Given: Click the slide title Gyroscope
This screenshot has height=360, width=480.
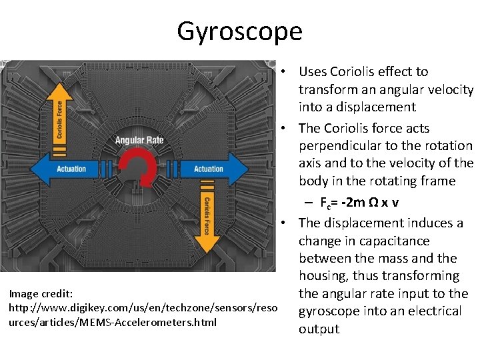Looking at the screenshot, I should (x=239, y=31).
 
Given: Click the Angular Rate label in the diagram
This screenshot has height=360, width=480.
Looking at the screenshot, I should (x=139, y=140).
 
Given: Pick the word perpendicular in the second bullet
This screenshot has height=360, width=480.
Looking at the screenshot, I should (x=343, y=145).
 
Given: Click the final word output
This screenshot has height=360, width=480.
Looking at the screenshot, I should (x=319, y=329).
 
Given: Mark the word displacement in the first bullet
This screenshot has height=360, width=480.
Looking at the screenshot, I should (x=379, y=107).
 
